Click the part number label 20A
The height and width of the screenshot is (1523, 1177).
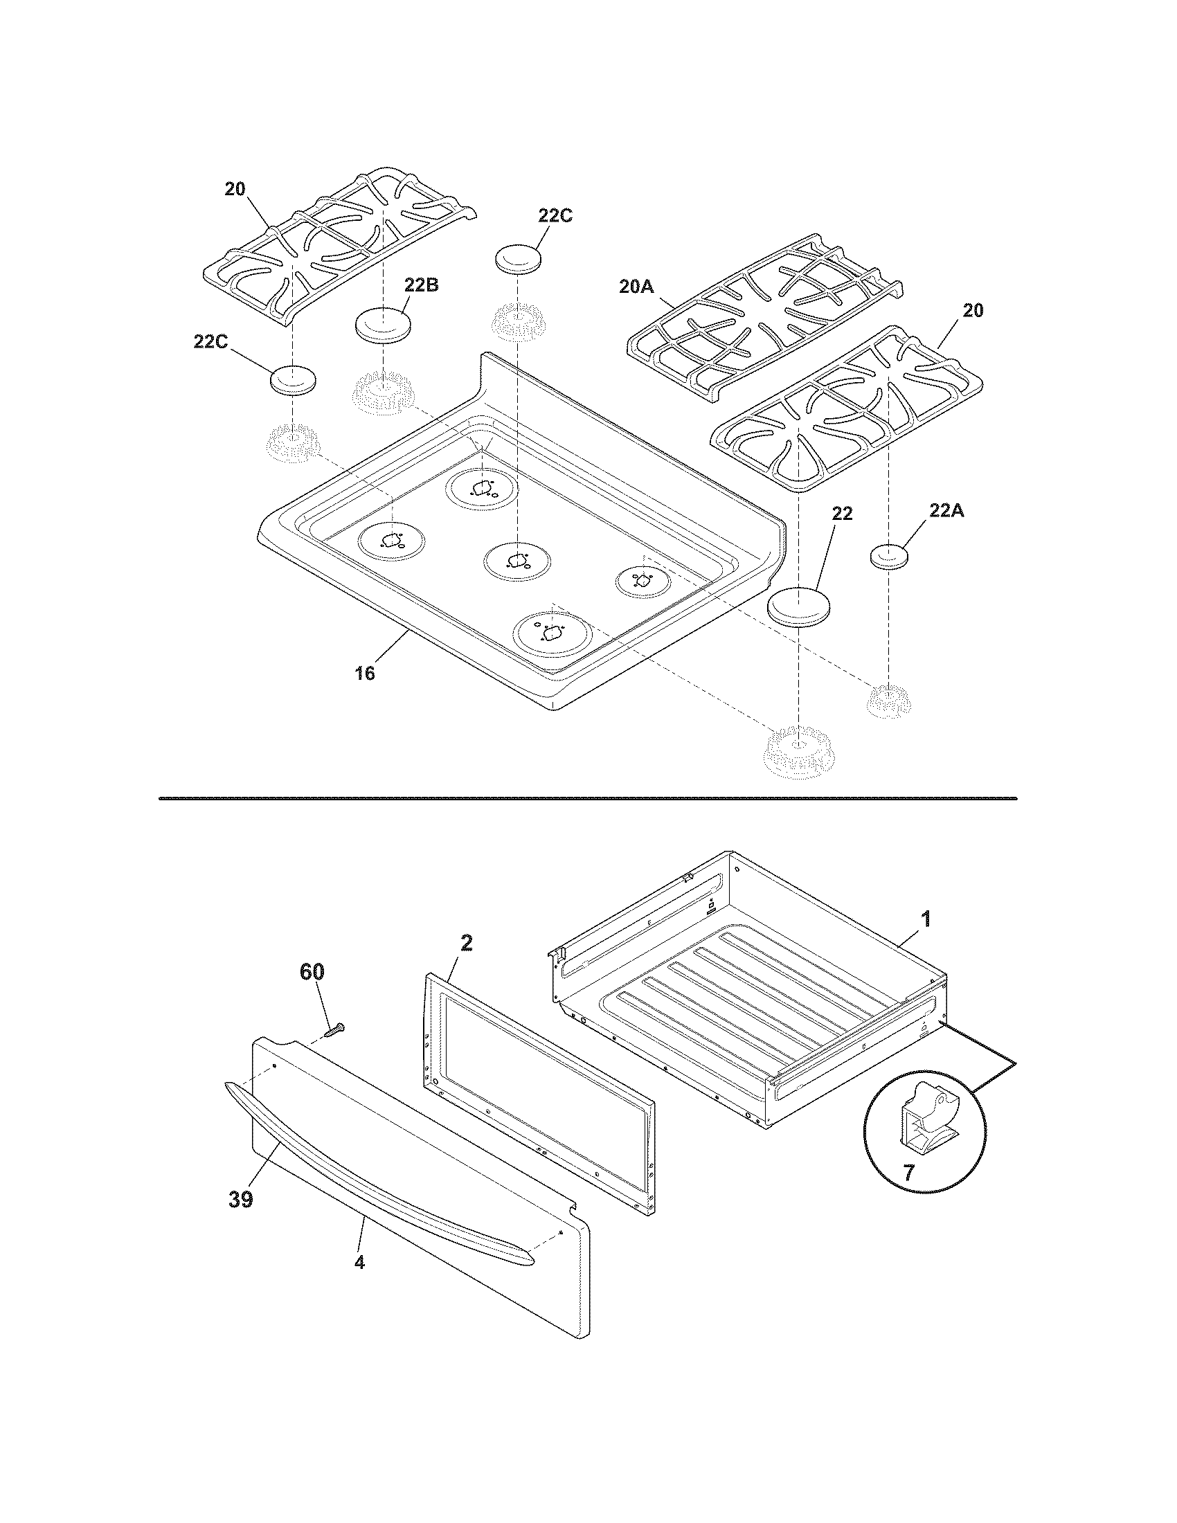pyautogui.click(x=635, y=286)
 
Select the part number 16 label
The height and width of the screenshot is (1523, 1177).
pyautogui.click(x=364, y=674)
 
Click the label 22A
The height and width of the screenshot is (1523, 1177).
pyautogui.click(x=946, y=511)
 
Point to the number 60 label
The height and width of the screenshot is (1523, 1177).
pyautogui.click(x=312, y=972)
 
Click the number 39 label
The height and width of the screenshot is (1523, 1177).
pyautogui.click(x=240, y=1200)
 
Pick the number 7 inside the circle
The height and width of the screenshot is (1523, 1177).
pyautogui.click(x=908, y=1173)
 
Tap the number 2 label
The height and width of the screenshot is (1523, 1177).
pyautogui.click(x=467, y=944)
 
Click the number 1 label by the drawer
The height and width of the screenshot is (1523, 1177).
pyautogui.click(x=925, y=919)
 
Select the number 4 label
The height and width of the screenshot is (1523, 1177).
pyautogui.click(x=359, y=1262)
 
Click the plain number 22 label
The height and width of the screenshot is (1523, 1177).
pyautogui.click(x=842, y=514)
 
